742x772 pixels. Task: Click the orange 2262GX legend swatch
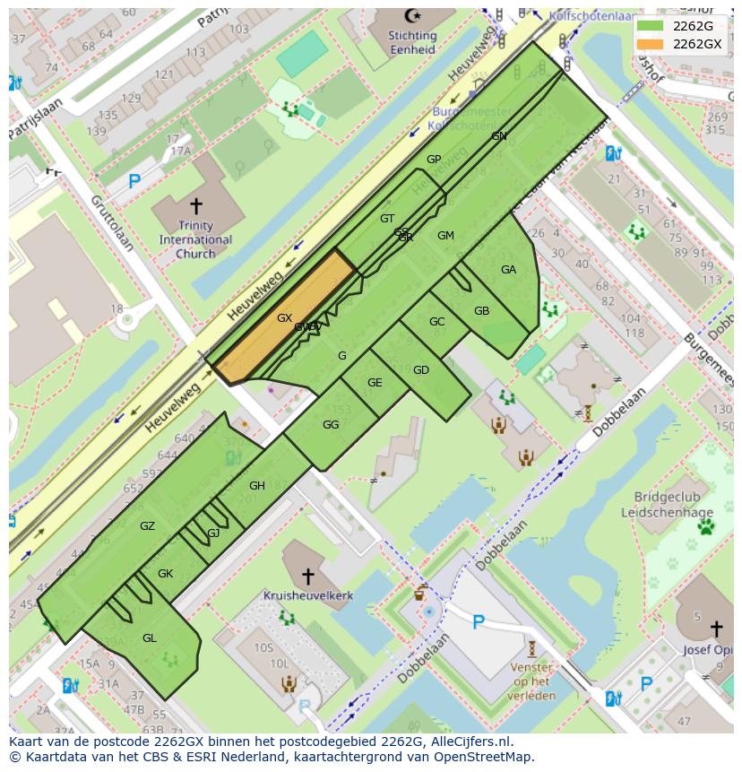[651, 44]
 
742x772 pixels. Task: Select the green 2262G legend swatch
[651, 26]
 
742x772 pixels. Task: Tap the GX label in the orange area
[284, 318]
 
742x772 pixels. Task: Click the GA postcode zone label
[508, 270]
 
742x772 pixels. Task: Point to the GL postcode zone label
[150, 638]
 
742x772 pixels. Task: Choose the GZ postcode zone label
[148, 526]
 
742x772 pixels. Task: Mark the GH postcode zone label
[257, 486]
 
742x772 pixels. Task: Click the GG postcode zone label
[331, 425]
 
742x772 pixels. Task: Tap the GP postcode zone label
[434, 160]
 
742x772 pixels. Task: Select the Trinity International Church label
[195, 239]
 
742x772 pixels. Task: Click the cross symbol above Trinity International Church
[196, 206]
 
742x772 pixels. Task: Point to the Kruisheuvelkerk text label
[308, 595]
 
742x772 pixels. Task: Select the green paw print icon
[706, 526]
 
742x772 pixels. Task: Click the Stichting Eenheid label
[412, 42]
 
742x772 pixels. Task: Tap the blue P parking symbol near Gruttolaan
[134, 182]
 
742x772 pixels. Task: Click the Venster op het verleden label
[531, 681]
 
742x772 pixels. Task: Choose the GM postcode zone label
[445, 236]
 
